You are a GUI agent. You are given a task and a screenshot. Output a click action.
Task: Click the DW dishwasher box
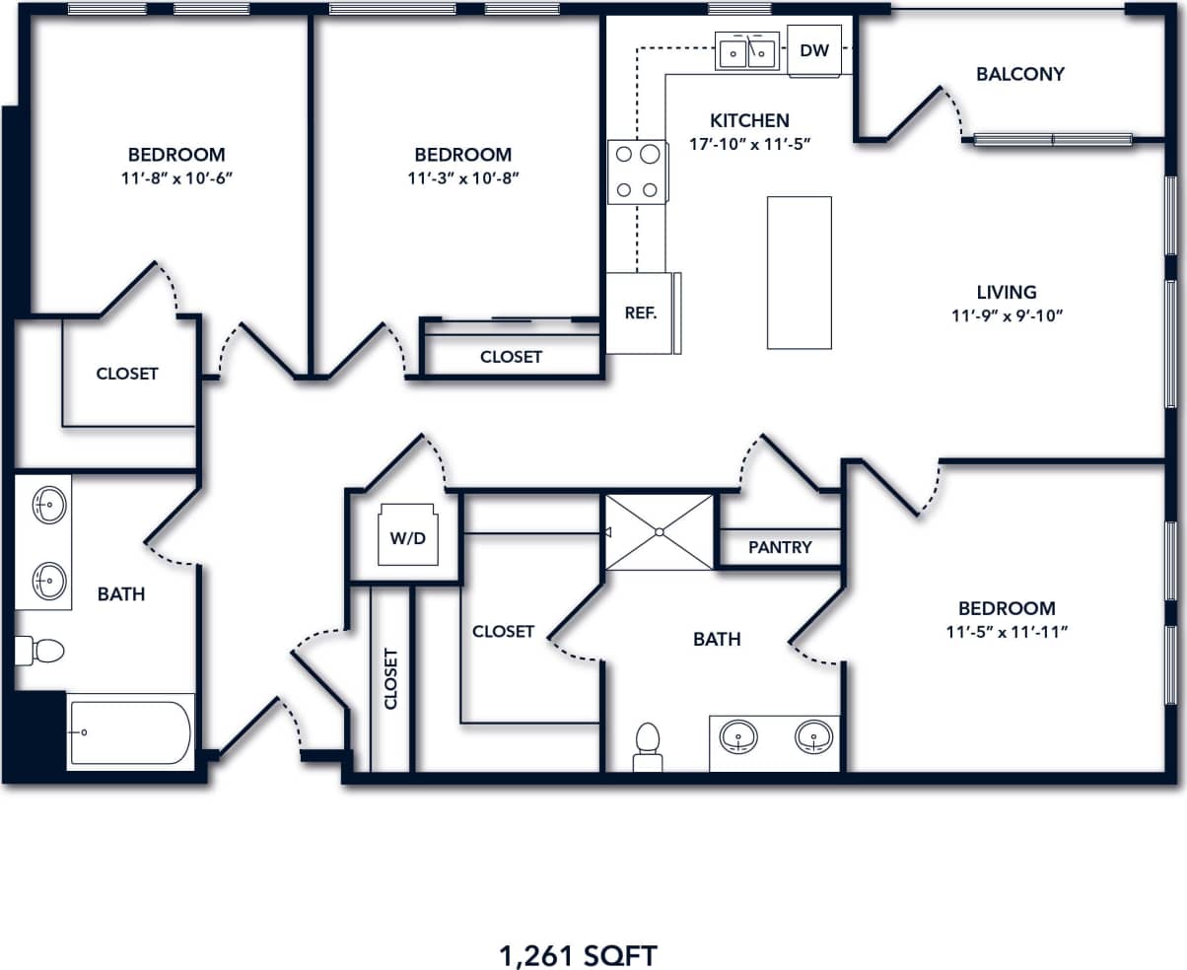(x=814, y=51)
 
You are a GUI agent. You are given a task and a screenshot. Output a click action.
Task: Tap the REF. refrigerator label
(x=641, y=312)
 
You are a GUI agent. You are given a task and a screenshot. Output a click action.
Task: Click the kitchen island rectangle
(x=799, y=272)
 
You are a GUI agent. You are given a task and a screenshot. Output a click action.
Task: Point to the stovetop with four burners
(x=637, y=172)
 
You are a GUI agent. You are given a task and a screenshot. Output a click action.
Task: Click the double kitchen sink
(x=746, y=51)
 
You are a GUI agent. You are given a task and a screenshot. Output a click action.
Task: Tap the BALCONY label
(x=1020, y=74)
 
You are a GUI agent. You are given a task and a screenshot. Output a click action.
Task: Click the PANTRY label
(x=780, y=547)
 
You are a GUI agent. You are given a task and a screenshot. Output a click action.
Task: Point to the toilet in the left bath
(x=40, y=651)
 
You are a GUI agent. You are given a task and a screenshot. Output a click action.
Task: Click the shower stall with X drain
(x=659, y=532)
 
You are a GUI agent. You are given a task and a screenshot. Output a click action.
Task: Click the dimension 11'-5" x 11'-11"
(x=1007, y=632)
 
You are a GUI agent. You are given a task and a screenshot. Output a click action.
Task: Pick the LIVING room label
(x=1007, y=292)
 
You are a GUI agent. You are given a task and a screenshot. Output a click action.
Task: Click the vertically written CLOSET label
(x=390, y=678)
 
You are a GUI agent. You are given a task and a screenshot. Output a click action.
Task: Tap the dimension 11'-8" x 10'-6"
(x=176, y=178)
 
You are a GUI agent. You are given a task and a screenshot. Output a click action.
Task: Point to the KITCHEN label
(x=749, y=120)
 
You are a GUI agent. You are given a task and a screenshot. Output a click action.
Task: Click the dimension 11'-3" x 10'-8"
(x=462, y=178)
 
